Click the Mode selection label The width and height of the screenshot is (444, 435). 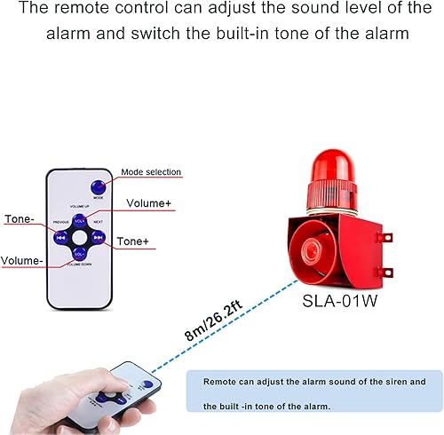click(x=150, y=172)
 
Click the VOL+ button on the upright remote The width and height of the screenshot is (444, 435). click(x=80, y=220)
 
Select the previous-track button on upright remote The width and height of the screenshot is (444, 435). click(x=62, y=237)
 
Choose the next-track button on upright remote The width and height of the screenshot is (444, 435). click(x=98, y=237)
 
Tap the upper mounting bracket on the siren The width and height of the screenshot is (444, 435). click(x=385, y=238)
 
